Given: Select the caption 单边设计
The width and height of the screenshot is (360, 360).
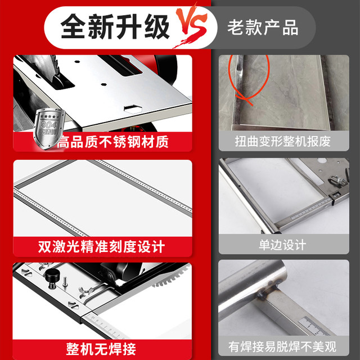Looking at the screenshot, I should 282,245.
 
